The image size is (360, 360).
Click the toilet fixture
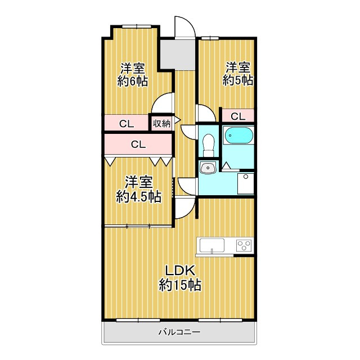[x=209, y=145]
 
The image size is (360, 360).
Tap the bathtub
[x=238, y=136]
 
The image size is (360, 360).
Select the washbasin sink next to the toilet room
[x=208, y=168]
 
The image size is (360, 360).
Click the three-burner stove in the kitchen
[x=244, y=245]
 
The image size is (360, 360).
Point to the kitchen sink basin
[x=212, y=246]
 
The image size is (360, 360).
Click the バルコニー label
[x=179, y=332]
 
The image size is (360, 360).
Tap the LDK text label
[x=181, y=271]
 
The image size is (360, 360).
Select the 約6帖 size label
[x=133, y=81]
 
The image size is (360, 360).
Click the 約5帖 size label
[x=238, y=80]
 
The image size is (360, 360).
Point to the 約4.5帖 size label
[x=138, y=196]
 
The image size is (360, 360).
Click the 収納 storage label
[x=161, y=124]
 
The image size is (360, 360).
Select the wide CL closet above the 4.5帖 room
[x=138, y=145]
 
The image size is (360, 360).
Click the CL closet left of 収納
[x=126, y=124]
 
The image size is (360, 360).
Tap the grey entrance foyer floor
[x=178, y=55]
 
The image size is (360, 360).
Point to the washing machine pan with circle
[x=246, y=184]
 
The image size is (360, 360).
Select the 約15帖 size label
[x=181, y=285]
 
